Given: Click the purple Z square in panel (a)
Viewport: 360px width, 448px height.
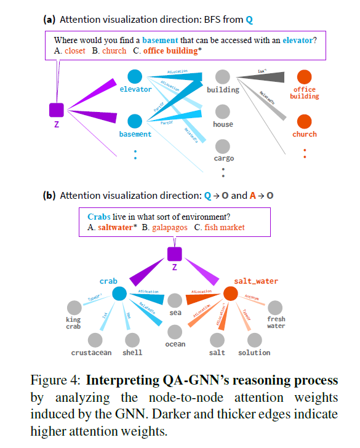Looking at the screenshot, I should [x=57, y=110].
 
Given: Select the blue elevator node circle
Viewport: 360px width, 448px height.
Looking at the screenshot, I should [x=135, y=76].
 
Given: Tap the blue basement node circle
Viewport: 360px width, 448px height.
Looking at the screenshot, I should [x=135, y=121].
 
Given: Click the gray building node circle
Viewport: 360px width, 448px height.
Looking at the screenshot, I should [x=223, y=77].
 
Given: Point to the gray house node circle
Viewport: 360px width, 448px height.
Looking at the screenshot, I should [x=223, y=111].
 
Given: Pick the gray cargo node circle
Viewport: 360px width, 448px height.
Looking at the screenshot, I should [x=223, y=146].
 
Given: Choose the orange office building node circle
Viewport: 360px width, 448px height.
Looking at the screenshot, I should [x=304, y=77].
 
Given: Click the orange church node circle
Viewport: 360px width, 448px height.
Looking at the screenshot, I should [x=304, y=121].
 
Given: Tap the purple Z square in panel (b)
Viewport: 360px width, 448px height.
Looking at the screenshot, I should [x=175, y=253].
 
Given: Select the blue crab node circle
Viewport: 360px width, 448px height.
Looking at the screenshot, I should [x=118, y=294].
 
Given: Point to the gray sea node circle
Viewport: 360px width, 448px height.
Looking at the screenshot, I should [x=175, y=300].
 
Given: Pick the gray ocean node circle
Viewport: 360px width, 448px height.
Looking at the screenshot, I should [x=175, y=331].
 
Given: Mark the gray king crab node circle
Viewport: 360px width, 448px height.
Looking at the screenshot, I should [x=74, y=306].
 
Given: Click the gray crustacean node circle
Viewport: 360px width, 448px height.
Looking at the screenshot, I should [x=95, y=339].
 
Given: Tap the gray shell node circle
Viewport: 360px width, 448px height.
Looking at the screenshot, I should [x=132, y=339].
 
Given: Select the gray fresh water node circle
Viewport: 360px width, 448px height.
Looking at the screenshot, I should [x=276, y=306].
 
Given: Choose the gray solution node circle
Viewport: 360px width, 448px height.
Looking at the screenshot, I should [x=254, y=339].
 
